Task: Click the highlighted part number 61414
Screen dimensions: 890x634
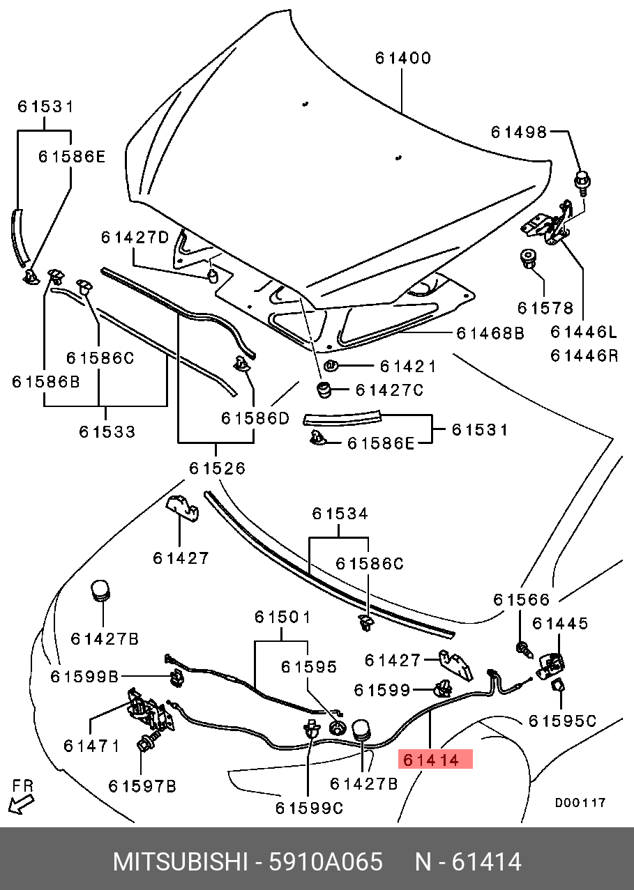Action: (x=435, y=759)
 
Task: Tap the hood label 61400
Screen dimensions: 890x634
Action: (x=403, y=58)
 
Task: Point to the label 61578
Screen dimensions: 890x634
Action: (x=545, y=307)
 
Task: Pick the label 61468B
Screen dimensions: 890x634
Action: (x=490, y=333)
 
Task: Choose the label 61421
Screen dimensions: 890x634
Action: (x=408, y=367)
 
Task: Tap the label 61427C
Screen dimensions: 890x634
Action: (x=389, y=390)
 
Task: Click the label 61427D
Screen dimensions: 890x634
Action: (x=135, y=237)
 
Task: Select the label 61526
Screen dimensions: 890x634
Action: (x=218, y=468)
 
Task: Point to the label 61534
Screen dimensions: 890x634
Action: (x=340, y=514)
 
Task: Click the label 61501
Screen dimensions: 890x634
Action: (x=282, y=617)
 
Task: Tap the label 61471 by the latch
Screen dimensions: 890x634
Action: (x=91, y=745)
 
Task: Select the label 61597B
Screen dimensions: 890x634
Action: (x=142, y=786)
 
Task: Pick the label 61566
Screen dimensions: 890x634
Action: (x=522, y=599)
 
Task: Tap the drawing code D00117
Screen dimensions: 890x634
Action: (x=580, y=802)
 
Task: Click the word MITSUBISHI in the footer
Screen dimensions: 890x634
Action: (x=181, y=861)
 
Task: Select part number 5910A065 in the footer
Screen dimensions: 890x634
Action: (x=325, y=861)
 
